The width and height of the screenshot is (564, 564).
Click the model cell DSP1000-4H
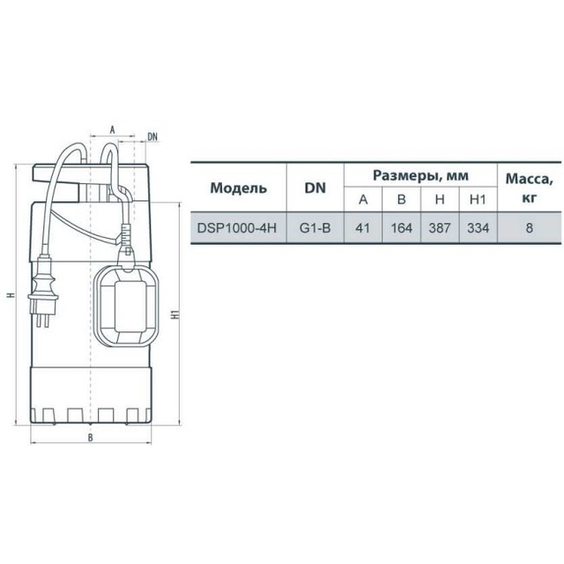point(237,228)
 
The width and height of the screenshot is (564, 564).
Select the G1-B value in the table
point(315,228)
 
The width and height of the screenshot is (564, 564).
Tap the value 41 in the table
point(362,228)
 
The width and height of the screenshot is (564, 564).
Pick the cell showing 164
point(401,228)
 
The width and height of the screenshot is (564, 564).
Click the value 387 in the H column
point(440,228)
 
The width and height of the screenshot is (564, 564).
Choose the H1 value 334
point(478,228)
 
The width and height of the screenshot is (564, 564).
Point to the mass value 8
point(529,228)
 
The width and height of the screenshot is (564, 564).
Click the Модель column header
point(239,188)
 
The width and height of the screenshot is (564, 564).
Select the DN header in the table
point(315,188)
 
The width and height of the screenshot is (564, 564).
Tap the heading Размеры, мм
point(420,175)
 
